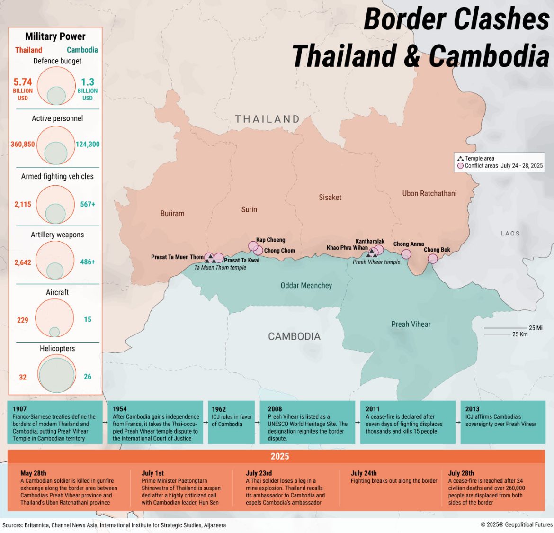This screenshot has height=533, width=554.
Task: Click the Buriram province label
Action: pos(172,214)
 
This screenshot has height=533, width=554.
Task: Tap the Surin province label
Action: pos(249,209)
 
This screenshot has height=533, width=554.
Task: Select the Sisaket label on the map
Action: pos(330,197)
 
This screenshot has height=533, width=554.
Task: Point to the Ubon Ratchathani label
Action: pos(429,193)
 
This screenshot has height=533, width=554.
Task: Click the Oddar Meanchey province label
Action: pos(306,286)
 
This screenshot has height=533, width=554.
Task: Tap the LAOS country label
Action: pos(510,234)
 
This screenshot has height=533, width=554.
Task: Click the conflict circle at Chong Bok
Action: pos(433,259)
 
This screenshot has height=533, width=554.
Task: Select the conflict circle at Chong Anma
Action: pos(406,254)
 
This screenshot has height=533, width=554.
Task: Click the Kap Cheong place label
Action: pos(270,240)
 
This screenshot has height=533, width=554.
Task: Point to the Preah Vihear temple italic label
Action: pos(376,262)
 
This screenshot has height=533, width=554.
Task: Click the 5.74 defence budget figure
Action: pos(23,82)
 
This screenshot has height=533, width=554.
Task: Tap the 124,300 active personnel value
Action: pos(88,144)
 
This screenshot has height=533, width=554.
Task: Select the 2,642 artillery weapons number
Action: pos(23,262)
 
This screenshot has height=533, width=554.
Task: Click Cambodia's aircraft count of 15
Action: pos(88,320)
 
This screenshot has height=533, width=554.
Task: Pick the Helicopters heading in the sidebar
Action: pos(57,349)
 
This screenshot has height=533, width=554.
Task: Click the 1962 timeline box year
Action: pos(219,409)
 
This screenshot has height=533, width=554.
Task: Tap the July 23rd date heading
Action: pos(259,473)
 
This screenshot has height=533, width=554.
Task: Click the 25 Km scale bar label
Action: pos(520,334)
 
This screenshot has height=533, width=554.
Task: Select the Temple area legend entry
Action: pos(479,159)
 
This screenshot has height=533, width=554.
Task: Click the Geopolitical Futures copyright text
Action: pos(517,524)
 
